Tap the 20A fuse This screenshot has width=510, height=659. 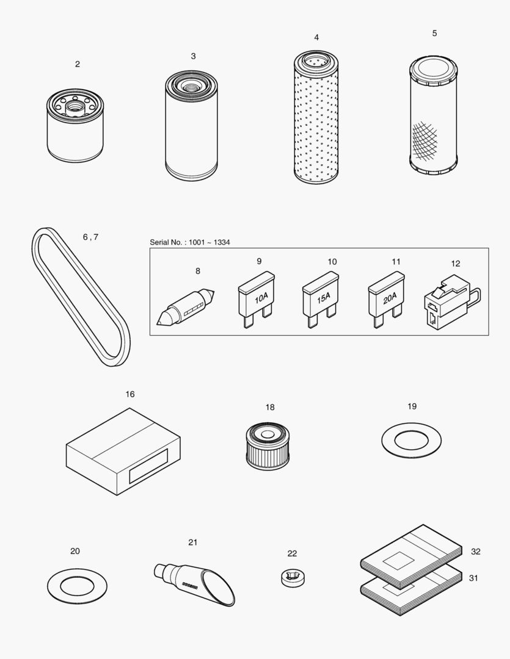click(x=385, y=298)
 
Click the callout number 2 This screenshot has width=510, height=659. click(x=77, y=64)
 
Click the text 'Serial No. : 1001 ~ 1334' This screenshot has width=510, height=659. click(x=190, y=242)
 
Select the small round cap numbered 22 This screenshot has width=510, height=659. click(x=293, y=577)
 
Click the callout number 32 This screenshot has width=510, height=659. click(x=475, y=552)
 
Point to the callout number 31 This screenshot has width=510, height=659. click(x=473, y=578)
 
